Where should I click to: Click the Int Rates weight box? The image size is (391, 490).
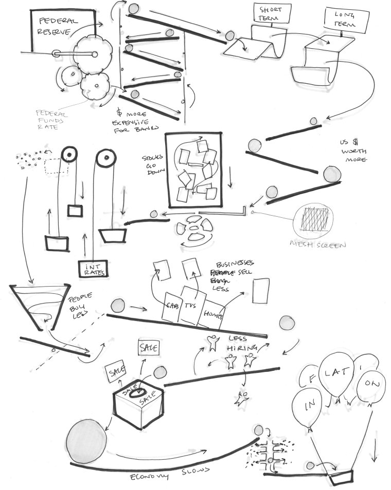coord(92,268)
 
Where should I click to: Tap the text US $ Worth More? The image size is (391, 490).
coord(353,150)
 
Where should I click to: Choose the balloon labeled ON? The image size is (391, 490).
coord(370,386)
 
